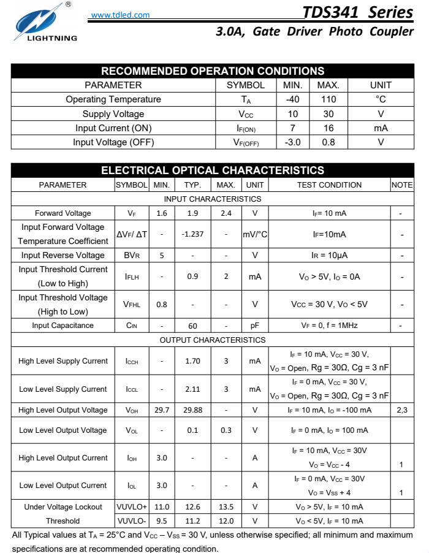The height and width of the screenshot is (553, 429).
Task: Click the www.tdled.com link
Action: pos(120,15)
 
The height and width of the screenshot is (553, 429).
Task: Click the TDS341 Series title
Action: pos(358,12)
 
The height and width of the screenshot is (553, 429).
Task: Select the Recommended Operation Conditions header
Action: pos(213,71)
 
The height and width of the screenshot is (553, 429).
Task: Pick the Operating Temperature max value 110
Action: pos(328,99)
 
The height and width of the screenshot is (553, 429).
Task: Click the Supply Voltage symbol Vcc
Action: pos(246,114)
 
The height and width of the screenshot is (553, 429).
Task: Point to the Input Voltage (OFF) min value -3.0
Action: pos(293,142)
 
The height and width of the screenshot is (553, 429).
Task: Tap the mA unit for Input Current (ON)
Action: pos(381,128)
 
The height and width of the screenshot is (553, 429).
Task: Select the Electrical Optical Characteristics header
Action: pos(213,170)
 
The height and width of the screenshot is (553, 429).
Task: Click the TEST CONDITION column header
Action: pos(329,185)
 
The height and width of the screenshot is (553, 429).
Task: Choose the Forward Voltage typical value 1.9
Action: pos(192,213)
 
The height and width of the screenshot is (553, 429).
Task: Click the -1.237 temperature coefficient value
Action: pos(192,234)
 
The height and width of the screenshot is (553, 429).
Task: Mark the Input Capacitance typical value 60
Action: pos(192,326)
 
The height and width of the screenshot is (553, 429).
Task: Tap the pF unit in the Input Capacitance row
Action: pos(255,326)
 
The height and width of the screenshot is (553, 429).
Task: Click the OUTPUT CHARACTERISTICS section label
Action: pos(213,340)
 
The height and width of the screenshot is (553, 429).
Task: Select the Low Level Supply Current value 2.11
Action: pos(192,389)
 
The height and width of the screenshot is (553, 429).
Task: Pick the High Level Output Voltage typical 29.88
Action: pos(192,410)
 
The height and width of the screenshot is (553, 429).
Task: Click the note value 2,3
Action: pos(401,410)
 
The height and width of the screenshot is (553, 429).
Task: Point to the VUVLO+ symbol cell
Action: pos(132,507)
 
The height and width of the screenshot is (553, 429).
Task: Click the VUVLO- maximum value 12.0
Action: pos(226,521)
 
